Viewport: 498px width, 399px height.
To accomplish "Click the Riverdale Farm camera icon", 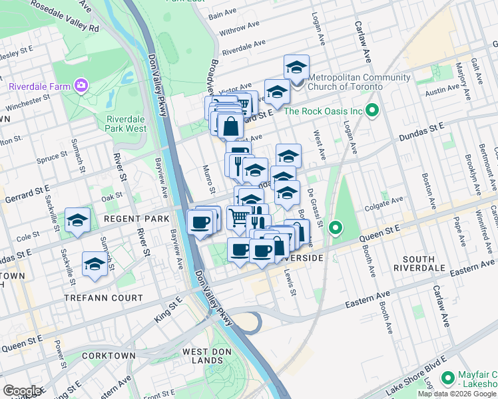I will (x=81, y=85).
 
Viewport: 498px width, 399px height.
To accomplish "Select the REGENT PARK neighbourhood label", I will (x=133, y=219).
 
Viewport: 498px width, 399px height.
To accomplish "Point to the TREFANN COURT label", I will (x=103, y=298).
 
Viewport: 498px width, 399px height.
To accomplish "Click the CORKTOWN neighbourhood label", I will (x=109, y=356).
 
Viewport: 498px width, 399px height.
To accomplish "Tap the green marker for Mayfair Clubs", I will (x=447, y=378).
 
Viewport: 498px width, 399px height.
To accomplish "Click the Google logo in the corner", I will (x=21, y=391).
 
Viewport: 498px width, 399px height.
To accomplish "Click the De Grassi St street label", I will (x=314, y=206).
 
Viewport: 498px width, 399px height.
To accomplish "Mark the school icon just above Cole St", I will (x=77, y=221).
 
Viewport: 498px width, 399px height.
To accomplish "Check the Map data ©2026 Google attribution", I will (x=457, y=394).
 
